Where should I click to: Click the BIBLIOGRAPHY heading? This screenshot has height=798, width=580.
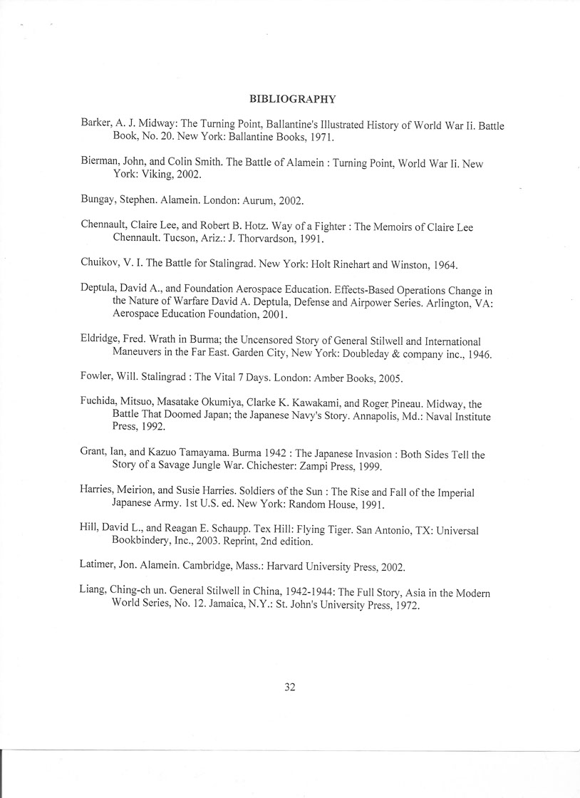tap(293, 99)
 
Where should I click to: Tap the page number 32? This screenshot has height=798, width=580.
tap(289, 687)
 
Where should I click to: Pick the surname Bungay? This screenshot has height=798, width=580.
tap(98, 201)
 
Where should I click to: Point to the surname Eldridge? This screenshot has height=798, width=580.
tap(100, 341)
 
